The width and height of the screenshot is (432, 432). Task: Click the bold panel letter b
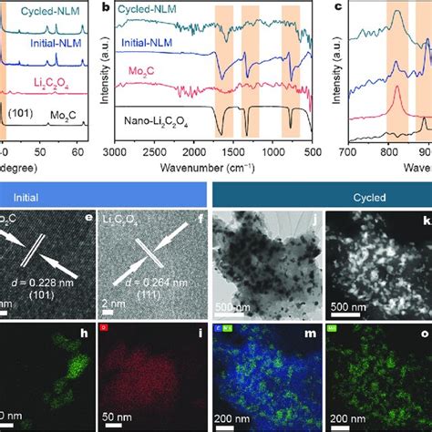(x=108, y=8)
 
